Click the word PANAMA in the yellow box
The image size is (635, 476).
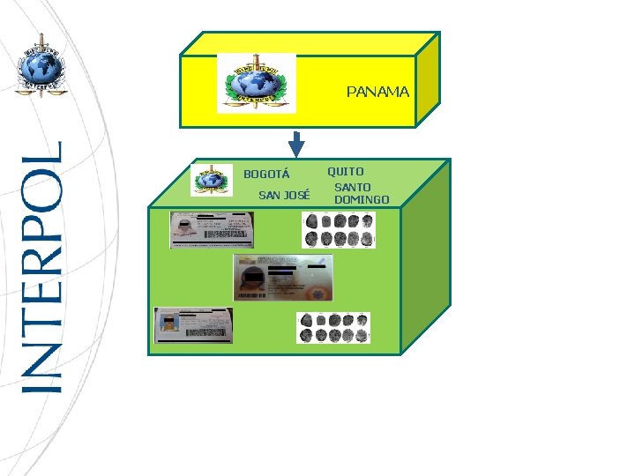377,92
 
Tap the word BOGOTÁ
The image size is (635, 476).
266,174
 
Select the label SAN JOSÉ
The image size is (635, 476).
284,195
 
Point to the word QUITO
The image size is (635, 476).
346,171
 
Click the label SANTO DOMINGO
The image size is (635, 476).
361,194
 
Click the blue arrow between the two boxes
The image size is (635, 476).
296,143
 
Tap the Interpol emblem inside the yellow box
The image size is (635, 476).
256,84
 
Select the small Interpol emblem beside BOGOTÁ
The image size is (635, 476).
212,179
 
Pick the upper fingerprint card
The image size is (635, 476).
339,231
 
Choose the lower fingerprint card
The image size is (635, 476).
334,328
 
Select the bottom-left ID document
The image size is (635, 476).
193,325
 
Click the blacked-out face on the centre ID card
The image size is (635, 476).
250,281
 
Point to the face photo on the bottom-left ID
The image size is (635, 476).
168,329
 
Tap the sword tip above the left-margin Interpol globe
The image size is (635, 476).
39,36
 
